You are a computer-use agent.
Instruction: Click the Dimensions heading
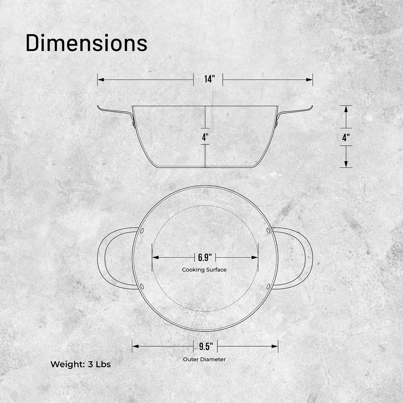[86, 43]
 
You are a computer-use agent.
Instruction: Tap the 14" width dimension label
[210, 79]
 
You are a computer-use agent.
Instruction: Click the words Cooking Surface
[204, 270]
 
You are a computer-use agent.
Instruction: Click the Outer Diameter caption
[204, 359]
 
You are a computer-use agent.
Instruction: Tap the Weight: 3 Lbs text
[81, 364]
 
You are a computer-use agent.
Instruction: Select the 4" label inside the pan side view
[205, 137]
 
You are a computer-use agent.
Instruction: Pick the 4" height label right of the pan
[346, 138]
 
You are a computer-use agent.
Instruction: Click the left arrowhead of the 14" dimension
[101, 80]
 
